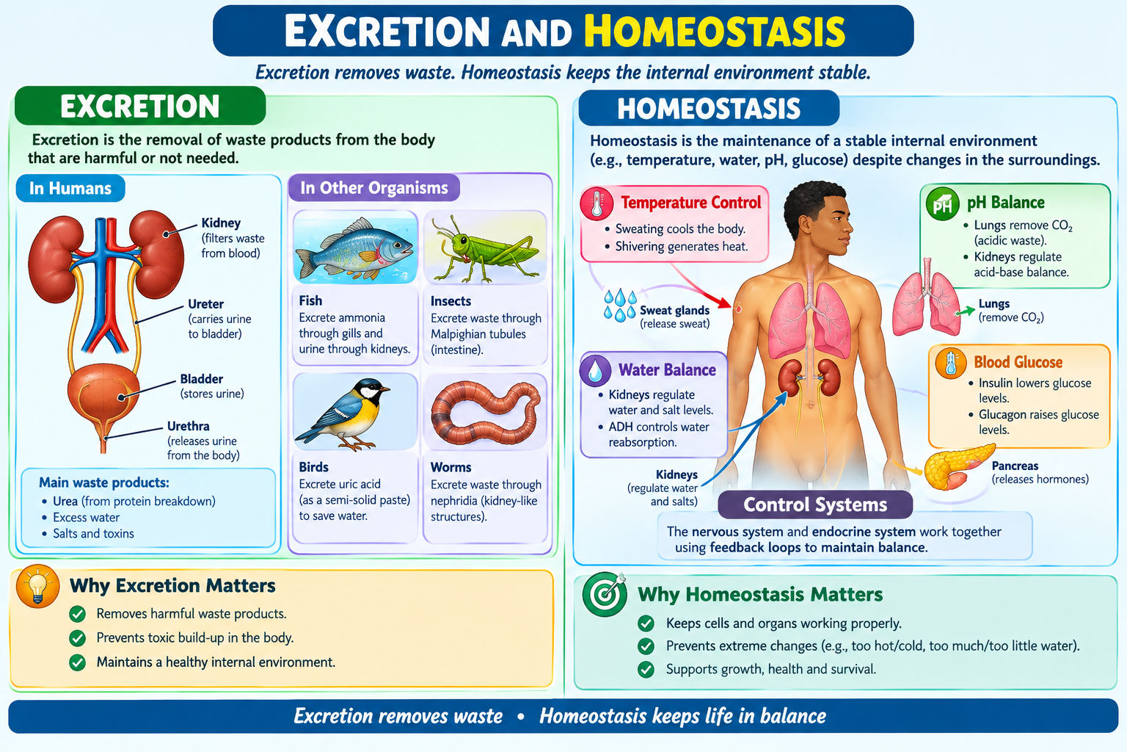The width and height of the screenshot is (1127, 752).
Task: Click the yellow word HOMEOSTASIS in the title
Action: pyautogui.click(x=715, y=32)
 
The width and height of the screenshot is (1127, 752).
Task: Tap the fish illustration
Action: pyautogui.click(x=354, y=248)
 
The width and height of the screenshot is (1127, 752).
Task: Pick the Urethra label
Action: pyautogui.click(x=188, y=426)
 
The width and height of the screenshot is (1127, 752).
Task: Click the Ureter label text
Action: pyautogui.click(x=205, y=304)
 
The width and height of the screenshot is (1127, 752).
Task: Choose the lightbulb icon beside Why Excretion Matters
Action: pyautogui.click(x=37, y=586)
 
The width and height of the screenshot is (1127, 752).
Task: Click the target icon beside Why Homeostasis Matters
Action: pyautogui.click(x=605, y=594)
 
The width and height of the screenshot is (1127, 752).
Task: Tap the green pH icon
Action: pyautogui.click(x=942, y=204)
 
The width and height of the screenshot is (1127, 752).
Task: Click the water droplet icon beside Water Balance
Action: pyautogui.click(x=596, y=370)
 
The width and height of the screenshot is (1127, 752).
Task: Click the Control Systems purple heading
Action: pyautogui.click(x=815, y=505)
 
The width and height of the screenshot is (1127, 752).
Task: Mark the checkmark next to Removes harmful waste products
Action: pyautogui.click(x=78, y=614)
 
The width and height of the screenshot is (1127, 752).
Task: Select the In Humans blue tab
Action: pyautogui.click(x=70, y=189)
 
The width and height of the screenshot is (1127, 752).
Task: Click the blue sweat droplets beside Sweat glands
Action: pyautogui.click(x=620, y=305)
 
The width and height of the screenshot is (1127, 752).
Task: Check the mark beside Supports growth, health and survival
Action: pyautogui.click(x=646, y=670)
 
